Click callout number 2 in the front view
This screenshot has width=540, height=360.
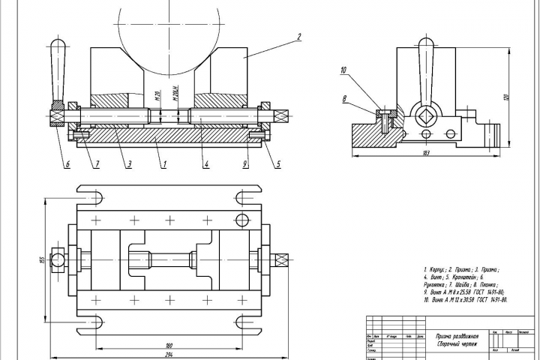[298, 36]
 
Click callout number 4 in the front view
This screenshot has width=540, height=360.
[205, 163]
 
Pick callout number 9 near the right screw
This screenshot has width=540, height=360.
[244, 163]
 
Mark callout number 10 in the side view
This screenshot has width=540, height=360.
[343, 70]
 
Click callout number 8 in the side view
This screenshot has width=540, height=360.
[343, 98]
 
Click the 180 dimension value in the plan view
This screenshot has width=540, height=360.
[169, 345]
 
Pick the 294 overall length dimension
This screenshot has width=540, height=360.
[169, 355]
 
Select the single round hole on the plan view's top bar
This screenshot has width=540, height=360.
[241, 220]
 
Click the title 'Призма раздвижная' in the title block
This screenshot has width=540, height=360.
[457, 337]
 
